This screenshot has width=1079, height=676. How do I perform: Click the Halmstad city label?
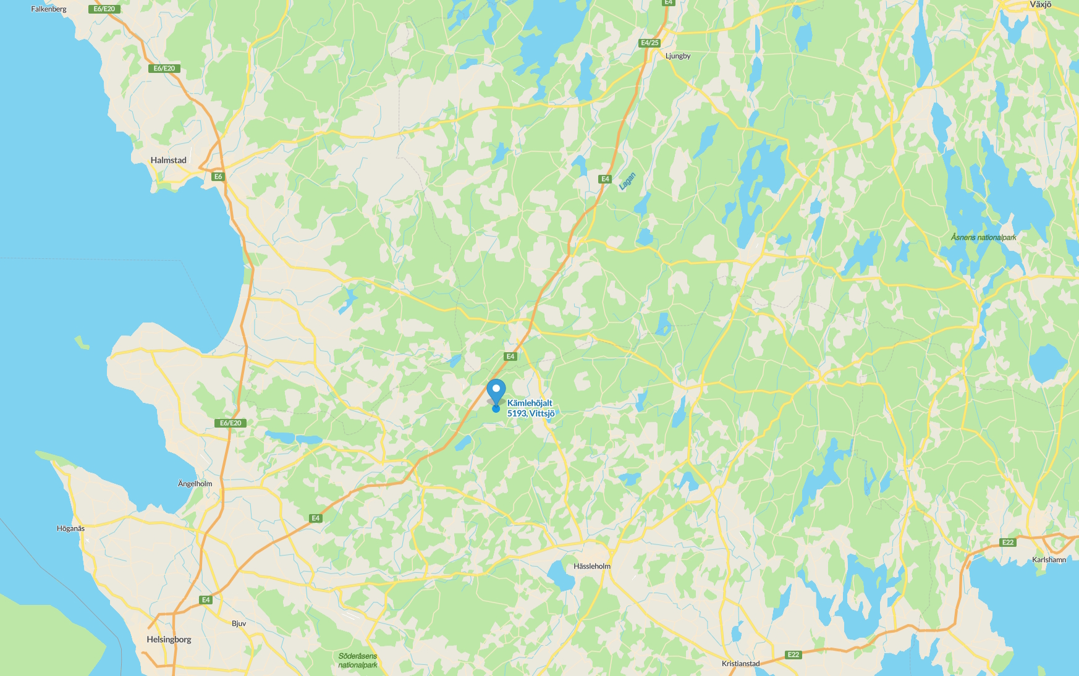(168, 160)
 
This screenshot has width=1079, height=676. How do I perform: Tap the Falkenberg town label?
(49, 9)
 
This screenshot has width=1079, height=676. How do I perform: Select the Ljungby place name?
(678, 56)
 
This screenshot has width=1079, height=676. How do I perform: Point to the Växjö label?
(1040, 5)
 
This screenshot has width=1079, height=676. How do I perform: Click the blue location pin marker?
(496, 391)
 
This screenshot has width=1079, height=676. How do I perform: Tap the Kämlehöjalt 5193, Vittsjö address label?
(530, 408)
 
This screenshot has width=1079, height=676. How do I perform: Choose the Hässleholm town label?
(591, 566)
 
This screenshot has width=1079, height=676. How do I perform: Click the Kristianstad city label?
(740, 664)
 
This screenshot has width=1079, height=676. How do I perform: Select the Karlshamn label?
(1049, 560)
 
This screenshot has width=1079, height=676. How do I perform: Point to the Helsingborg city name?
(169, 640)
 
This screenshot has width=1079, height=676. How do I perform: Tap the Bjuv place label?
(239, 623)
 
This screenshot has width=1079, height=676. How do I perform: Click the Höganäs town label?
(70, 528)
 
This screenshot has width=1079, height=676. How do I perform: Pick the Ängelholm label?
(195, 484)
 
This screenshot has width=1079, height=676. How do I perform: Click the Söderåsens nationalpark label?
(358, 661)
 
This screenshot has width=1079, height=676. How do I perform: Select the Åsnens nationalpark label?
(983, 237)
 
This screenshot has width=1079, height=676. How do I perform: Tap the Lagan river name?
(627, 181)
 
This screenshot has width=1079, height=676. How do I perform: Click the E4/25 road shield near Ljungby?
(650, 43)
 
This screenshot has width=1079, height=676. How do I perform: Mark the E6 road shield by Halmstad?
(218, 177)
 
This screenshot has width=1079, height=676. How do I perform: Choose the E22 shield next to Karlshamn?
(1008, 543)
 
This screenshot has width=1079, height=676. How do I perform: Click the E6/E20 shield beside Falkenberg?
(104, 9)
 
